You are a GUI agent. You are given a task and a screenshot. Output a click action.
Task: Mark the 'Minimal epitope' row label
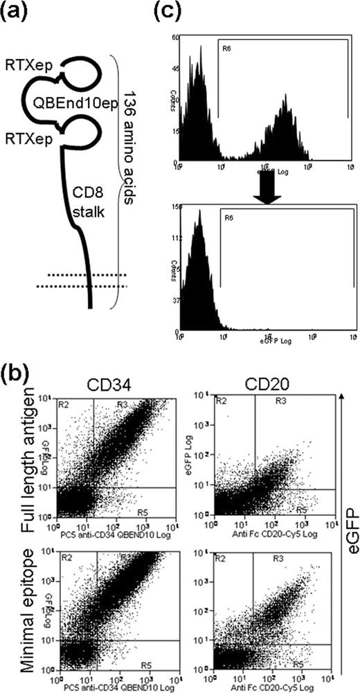(35, 609)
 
